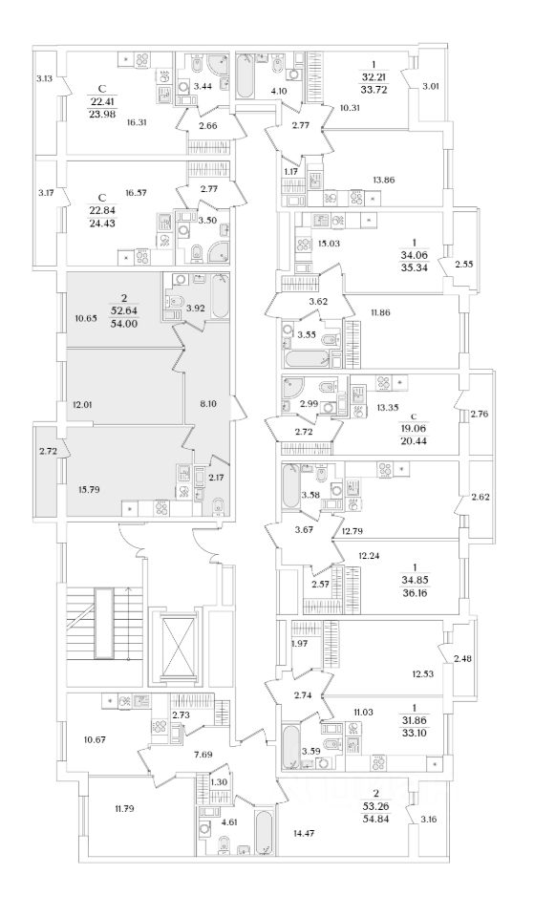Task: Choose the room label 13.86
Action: [384, 181]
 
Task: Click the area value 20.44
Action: [419, 437]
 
